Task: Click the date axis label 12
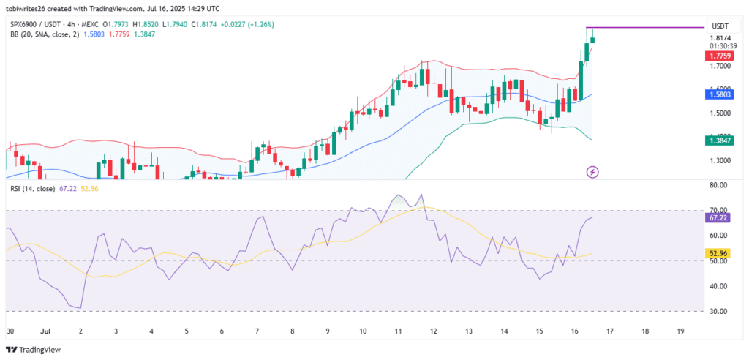[433, 331]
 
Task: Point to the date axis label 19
[680, 331]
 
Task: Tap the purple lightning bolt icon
[593, 172]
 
